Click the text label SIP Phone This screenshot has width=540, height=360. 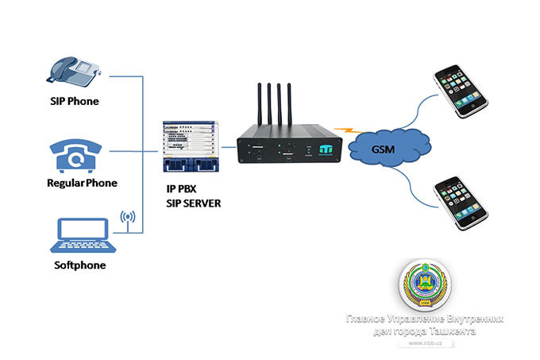pos(75,103)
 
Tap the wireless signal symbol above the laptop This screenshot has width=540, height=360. pos(126,217)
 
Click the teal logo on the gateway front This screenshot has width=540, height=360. pos(326,148)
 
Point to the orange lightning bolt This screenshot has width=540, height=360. pos(344,130)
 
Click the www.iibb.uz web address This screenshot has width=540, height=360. pos(426,343)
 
